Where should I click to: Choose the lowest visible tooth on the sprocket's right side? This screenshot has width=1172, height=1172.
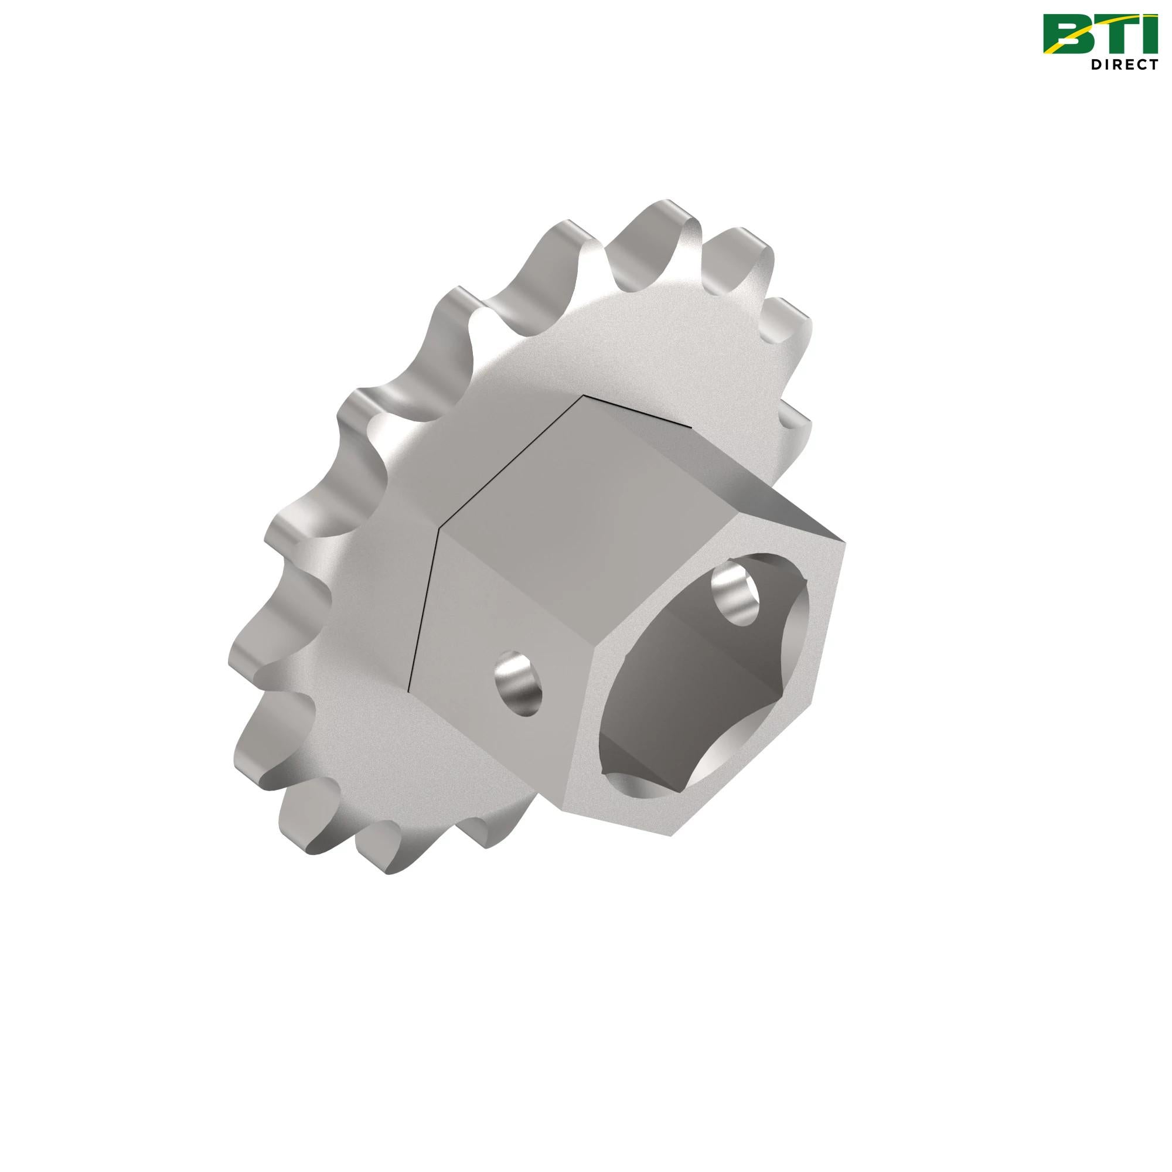tap(795, 418)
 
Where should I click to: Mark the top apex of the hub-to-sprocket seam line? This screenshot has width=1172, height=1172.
tap(584, 396)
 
